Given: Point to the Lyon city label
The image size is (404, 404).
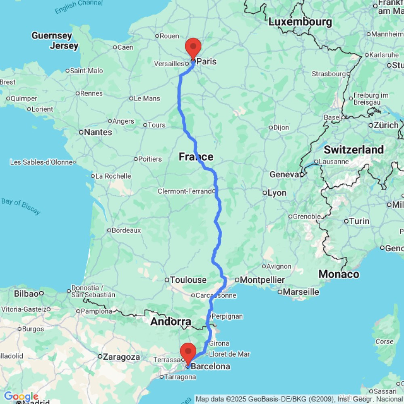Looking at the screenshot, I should [277, 193].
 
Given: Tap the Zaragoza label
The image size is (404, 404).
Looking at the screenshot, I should [121, 357].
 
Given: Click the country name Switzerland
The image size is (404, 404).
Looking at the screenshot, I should [354, 149].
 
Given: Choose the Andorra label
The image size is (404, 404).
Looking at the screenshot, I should [170, 322].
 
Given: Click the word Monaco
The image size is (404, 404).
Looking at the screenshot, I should [339, 275].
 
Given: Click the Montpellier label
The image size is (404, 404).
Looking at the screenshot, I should [263, 280].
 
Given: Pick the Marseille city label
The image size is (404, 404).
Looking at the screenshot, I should [301, 292].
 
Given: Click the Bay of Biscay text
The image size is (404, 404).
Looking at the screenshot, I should [21, 206].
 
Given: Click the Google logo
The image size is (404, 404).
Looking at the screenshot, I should [21, 397].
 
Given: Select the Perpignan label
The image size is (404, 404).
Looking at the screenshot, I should [227, 316].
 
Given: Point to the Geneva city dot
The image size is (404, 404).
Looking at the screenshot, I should [302, 175].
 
